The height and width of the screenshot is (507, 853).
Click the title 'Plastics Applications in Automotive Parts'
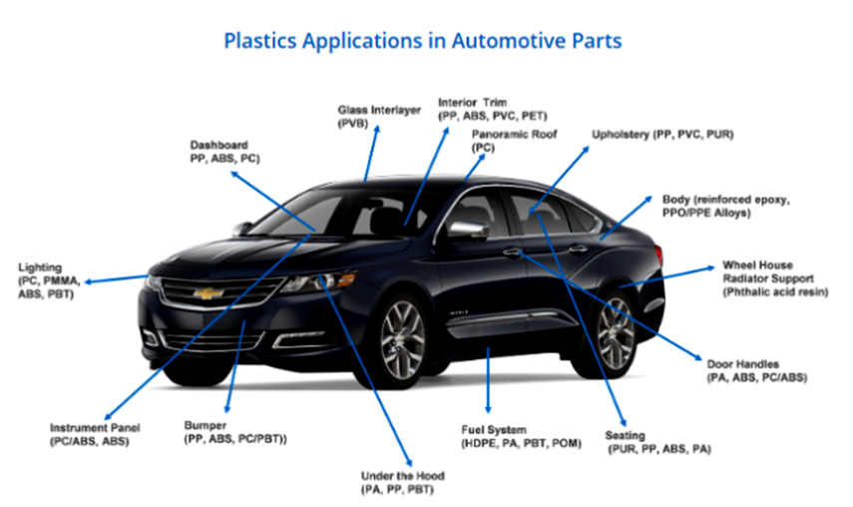[x=423, y=41]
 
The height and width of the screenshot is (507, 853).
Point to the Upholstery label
[x=662, y=134]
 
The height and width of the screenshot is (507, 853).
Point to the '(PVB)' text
[x=353, y=123]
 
